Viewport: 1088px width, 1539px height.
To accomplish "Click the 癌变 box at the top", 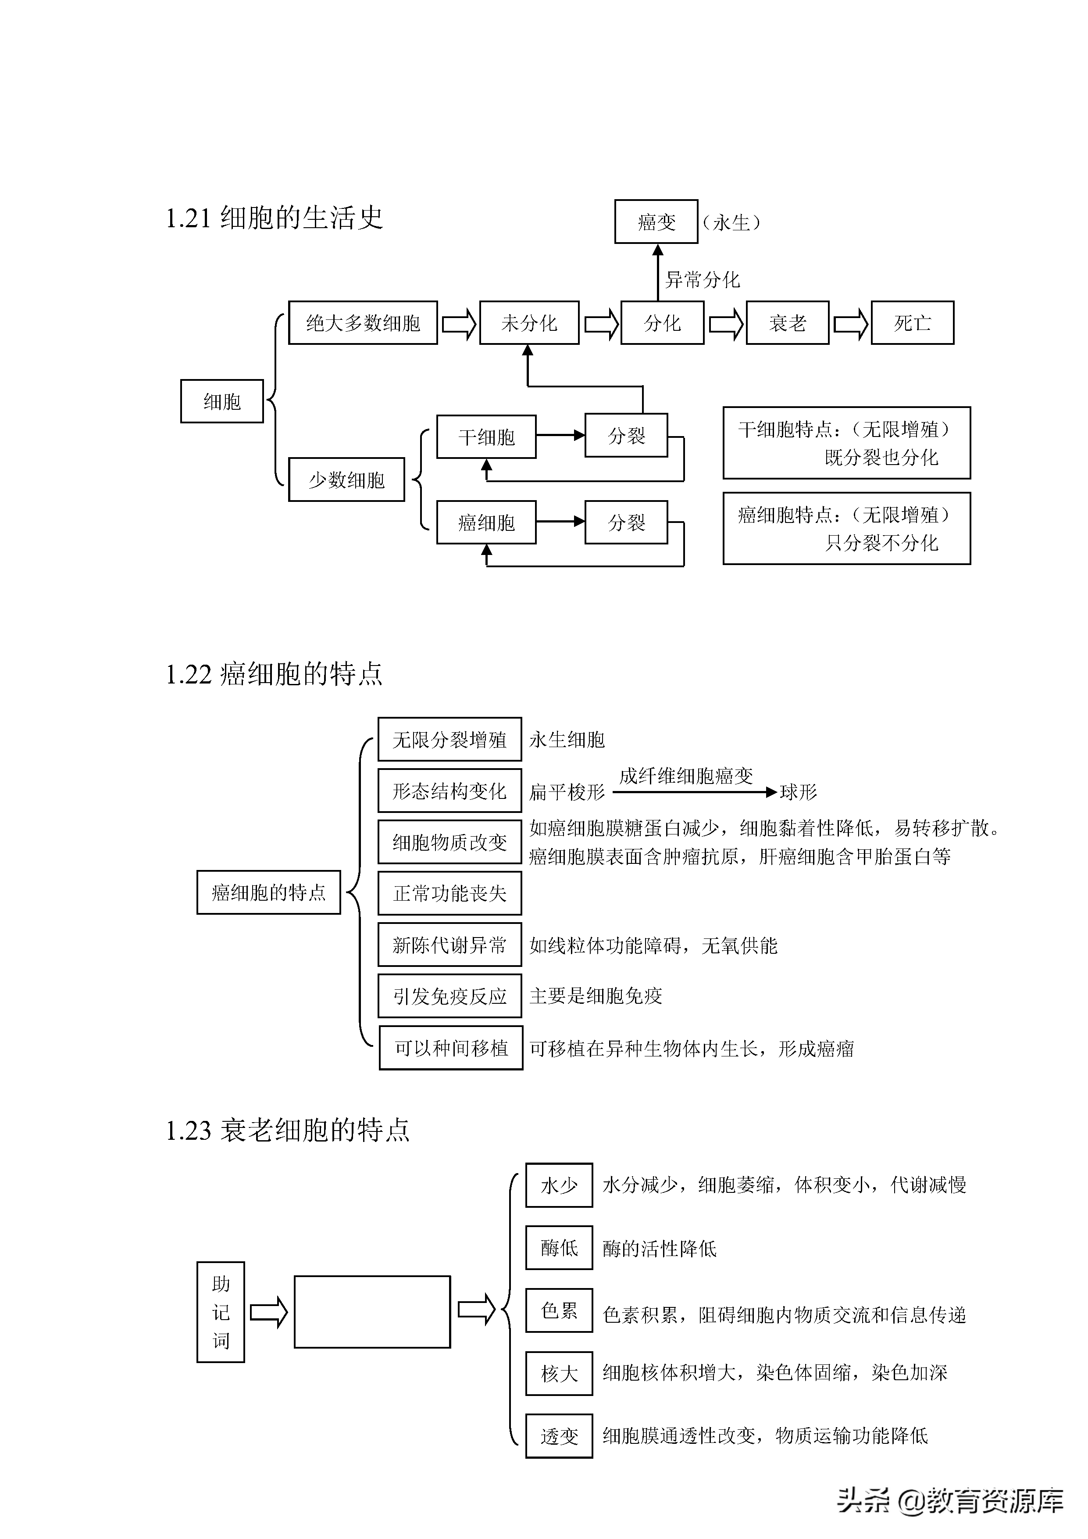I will pyautogui.click(x=656, y=222).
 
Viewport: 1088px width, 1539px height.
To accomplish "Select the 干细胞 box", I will pyautogui.click(x=486, y=437).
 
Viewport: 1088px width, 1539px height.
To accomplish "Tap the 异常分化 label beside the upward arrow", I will pyautogui.click(x=702, y=279).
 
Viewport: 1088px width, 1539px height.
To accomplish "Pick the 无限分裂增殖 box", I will pyautogui.click(x=449, y=739).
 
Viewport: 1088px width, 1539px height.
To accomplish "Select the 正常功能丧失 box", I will pyautogui.click(x=449, y=893).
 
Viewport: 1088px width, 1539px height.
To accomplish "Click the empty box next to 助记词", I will pyautogui.click(x=372, y=1312).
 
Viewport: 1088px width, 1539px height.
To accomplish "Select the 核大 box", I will pyautogui.click(x=559, y=1374).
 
